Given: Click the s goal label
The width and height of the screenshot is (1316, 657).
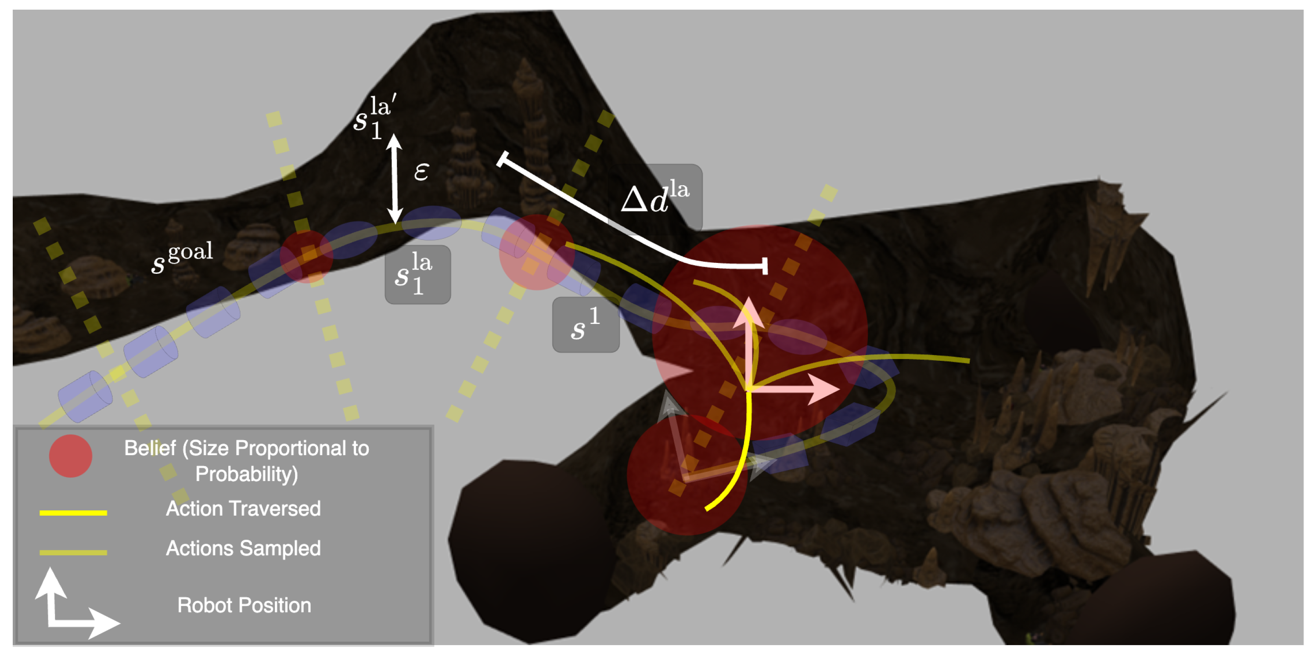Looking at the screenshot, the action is [x=182, y=258].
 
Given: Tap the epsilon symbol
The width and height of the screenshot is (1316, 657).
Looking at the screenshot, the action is [x=421, y=172].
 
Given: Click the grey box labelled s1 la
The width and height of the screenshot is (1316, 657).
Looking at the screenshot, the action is [x=417, y=275].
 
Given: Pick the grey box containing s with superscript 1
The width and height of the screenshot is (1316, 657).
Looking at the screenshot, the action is [x=586, y=325].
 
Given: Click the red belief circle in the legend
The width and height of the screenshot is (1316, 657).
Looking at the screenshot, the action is [x=71, y=456].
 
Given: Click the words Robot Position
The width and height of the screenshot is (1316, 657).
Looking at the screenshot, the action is [x=244, y=605].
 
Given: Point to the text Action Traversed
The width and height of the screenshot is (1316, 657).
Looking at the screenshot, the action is [x=243, y=509].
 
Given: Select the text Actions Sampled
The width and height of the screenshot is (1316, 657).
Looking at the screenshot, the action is [x=243, y=548].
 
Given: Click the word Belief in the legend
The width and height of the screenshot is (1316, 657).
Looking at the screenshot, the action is [x=150, y=448].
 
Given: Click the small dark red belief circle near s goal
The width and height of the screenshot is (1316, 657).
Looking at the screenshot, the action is [x=306, y=256].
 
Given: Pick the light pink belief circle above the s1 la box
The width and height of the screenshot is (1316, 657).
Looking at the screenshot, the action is [x=536, y=252].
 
